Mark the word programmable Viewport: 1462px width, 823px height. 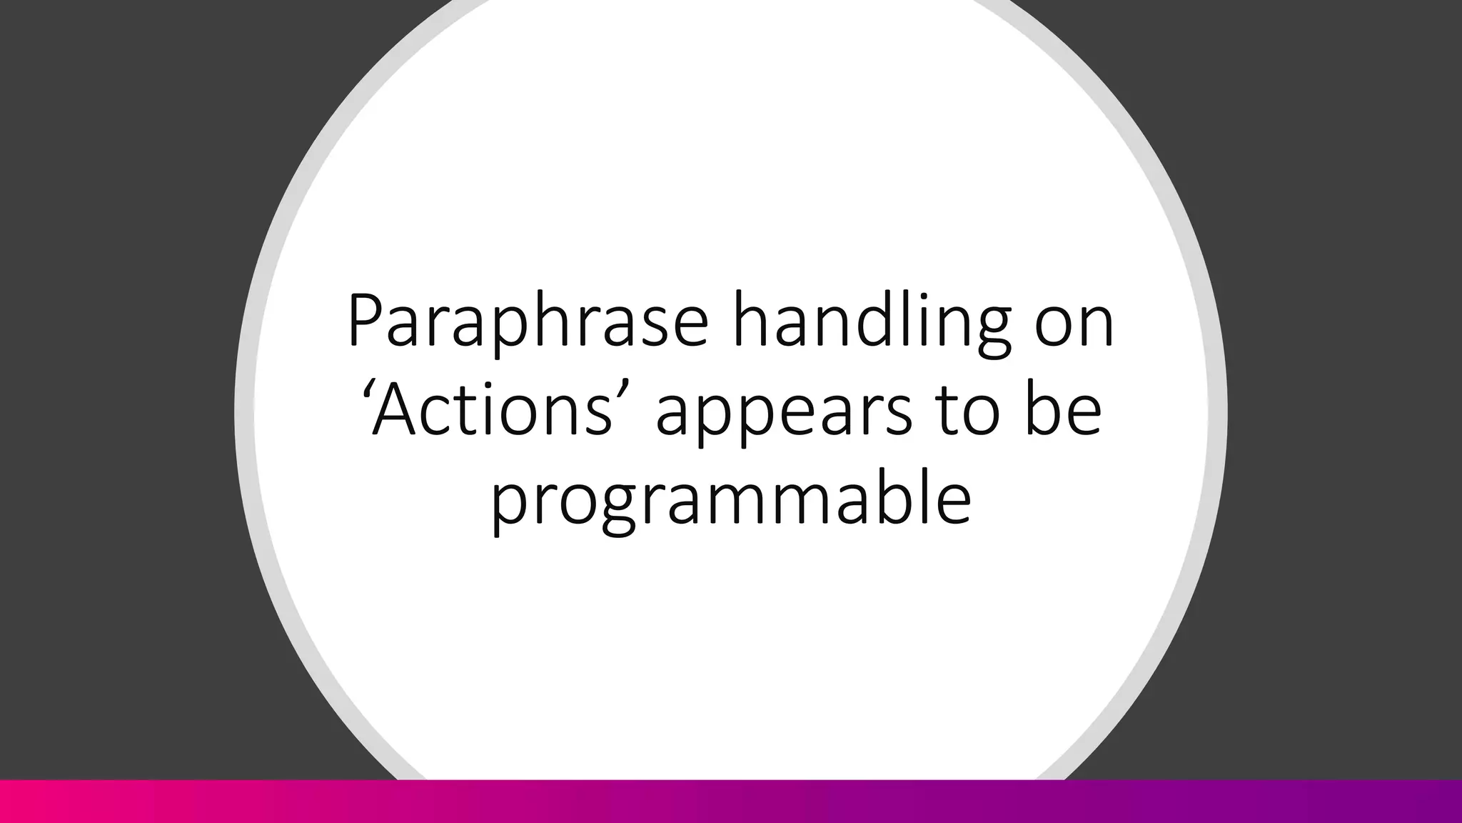(730, 500)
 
